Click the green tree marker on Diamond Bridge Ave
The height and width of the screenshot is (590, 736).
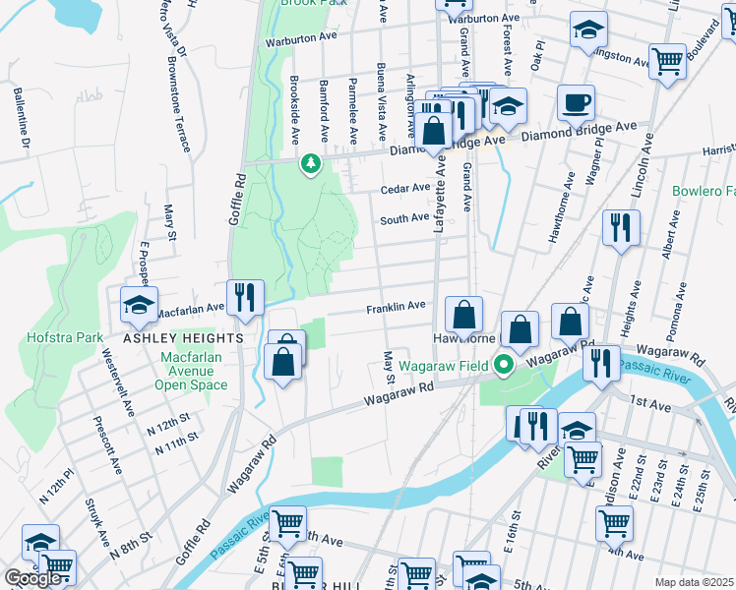(x=311, y=163)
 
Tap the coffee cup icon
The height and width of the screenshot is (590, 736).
(x=576, y=102)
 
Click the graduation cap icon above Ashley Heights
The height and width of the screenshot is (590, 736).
(x=139, y=305)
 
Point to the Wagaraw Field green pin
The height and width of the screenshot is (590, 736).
(x=504, y=366)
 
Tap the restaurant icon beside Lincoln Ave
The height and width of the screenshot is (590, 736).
(x=620, y=228)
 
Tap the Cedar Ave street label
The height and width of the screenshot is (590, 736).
(x=406, y=188)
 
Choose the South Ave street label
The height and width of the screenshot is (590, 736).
(x=404, y=217)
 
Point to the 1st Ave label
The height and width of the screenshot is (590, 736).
(x=650, y=403)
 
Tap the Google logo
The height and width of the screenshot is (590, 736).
(x=32, y=578)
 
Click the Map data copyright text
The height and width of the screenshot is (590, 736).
(x=695, y=582)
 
